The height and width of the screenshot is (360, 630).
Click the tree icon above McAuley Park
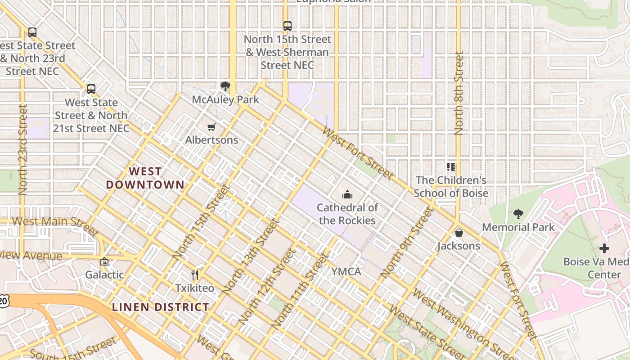click(225, 86)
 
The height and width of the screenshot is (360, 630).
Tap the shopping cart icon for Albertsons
click(211, 127)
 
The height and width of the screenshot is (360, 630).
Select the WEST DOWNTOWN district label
click(145, 178)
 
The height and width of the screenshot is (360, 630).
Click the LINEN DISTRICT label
click(160, 307)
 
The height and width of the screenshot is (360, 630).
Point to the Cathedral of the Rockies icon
click(347, 194)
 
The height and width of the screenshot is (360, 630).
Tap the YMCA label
click(346, 271)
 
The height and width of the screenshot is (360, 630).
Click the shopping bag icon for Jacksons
click(459, 233)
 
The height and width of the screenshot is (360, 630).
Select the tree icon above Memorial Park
click(518, 214)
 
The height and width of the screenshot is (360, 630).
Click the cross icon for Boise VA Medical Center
click(604, 248)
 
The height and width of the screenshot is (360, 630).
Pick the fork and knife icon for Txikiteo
click(195, 275)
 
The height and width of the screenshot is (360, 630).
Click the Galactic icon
click(104, 261)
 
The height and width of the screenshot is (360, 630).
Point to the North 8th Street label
click(459, 93)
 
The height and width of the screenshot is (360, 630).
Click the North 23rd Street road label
click(23, 149)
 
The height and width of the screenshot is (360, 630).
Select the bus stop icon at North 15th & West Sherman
click(287, 26)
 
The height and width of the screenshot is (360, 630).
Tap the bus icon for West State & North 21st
click(91, 89)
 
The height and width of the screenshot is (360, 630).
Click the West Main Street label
click(54, 224)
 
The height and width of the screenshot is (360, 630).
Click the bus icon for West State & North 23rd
click(32, 32)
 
